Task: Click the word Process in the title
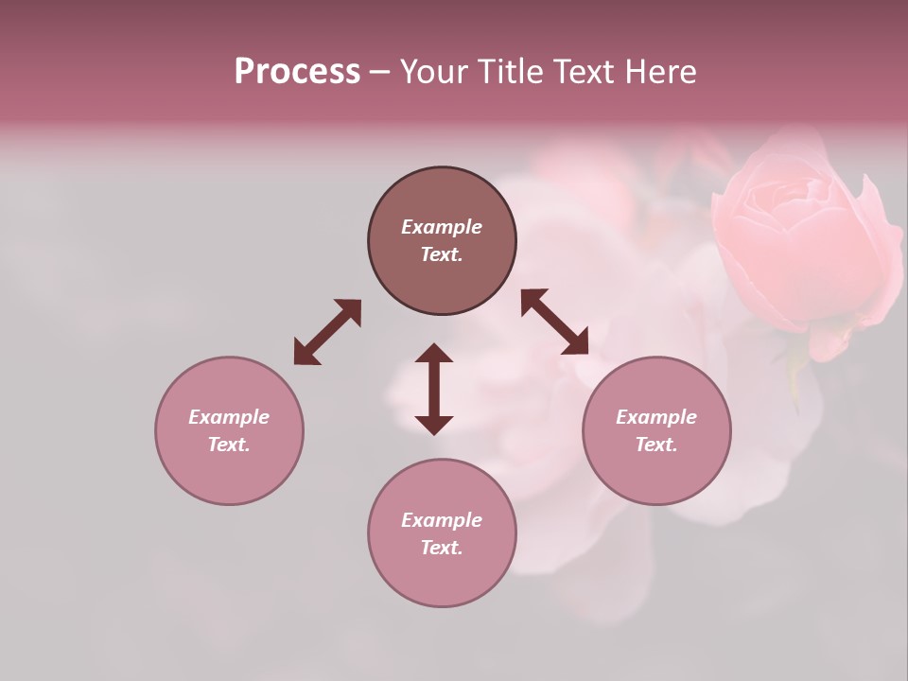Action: pos(297,72)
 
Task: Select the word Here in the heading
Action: pos(659,72)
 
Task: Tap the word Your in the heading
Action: pos(433,72)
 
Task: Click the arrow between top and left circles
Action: pos(327,331)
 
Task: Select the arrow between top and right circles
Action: pos(555,322)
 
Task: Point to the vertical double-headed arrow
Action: pos(434,389)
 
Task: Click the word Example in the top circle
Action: pos(442,227)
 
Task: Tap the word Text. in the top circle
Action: pos(442,254)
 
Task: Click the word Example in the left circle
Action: pos(229,417)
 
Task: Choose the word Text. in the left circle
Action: pos(229,445)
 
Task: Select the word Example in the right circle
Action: pos(656,417)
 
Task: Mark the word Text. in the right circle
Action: pos(656,445)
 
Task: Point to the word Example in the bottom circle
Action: pos(442,520)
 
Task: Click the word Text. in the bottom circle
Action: pos(442,548)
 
